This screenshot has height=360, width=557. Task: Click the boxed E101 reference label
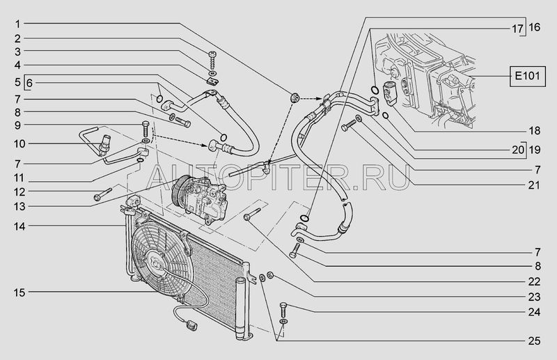pyautogui.click(x=528, y=76)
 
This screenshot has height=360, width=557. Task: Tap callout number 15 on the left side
pyautogui.click(x=19, y=292)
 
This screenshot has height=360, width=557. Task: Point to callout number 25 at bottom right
pyautogui.click(x=534, y=341)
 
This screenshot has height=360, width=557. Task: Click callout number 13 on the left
pyautogui.click(x=19, y=206)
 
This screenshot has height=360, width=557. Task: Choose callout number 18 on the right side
pyautogui.click(x=534, y=131)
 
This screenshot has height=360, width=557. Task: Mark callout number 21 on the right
pyautogui.click(x=534, y=185)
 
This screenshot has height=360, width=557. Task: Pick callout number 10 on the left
pyautogui.click(x=19, y=144)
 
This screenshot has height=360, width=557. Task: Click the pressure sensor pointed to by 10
pyautogui.click(x=104, y=144)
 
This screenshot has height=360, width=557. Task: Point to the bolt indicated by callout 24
pyautogui.click(x=283, y=310)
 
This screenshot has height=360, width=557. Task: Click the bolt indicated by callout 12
pyautogui.click(x=102, y=194)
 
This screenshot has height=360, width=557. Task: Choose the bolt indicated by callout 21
pyautogui.click(x=349, y=125)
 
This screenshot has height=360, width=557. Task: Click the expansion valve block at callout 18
pyautogui.click(x=388, y=93)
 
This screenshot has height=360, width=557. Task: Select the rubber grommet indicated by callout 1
pyautogui.click(x=295, y=97)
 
